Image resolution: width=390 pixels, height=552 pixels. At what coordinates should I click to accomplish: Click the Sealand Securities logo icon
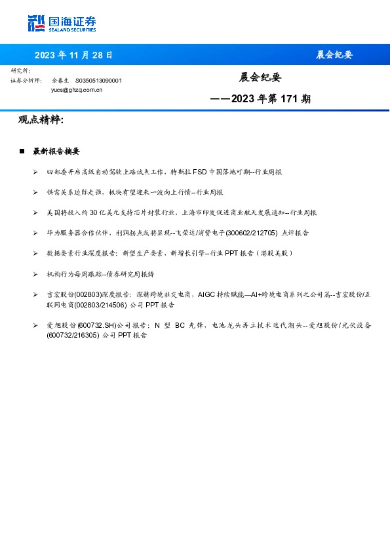(x=36, y=23)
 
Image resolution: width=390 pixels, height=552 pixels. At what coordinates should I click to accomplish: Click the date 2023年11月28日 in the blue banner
(x=73, y=55)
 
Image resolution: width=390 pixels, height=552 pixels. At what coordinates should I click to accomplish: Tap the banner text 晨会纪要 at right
(x=334, y=55)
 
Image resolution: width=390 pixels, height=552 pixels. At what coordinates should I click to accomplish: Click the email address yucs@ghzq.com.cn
(x=77, y=90)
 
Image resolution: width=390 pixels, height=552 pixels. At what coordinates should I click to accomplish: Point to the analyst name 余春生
(x=61, y=81)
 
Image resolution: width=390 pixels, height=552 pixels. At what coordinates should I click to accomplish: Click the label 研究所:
(x=20, y=70)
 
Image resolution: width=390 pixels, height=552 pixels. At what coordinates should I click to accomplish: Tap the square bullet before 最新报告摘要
(x=22, y=151)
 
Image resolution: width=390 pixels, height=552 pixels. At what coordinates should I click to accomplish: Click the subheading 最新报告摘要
(x=56, y=151)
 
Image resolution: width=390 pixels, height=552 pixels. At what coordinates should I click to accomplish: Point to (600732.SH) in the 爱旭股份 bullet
(x=96, y=325)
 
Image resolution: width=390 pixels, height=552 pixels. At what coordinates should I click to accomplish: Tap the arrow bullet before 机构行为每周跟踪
(x=35, y=273)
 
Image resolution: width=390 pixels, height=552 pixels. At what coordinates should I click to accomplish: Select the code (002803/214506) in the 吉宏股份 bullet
(x=98, y=304)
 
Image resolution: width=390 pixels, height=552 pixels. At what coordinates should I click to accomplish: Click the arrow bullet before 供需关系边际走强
(x=35, y=192)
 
